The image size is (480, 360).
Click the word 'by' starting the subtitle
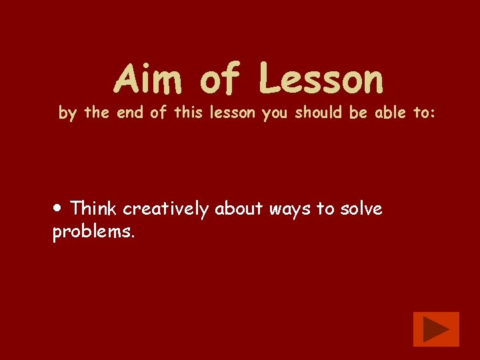[x=67, y=113]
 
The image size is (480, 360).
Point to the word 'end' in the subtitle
[x=130, y=113]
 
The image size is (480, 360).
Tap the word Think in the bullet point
[x=93, y=209]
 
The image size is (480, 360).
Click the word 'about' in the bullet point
[x=239, y=209]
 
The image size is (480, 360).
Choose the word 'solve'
[x=361, y=209]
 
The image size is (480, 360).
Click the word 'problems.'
[x=93, y=232]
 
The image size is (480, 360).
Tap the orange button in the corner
[x=436, y=329]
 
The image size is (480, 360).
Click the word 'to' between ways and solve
[x=325, y=209]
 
